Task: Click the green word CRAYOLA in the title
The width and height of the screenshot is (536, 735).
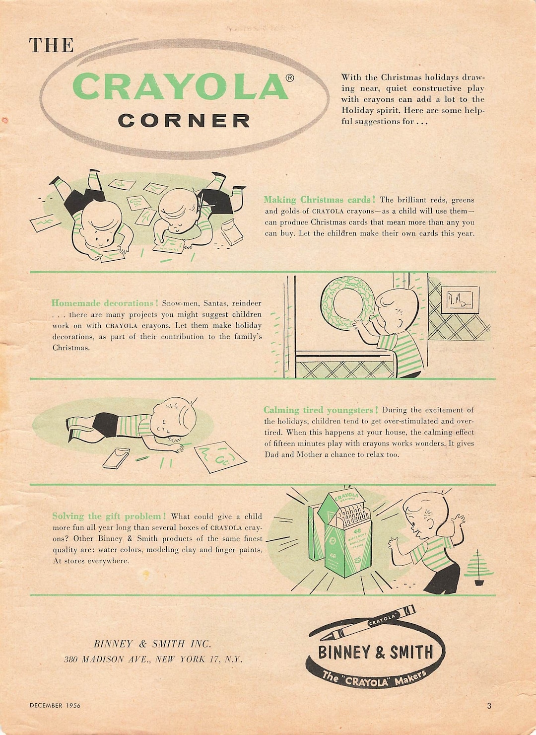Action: coord(181,86)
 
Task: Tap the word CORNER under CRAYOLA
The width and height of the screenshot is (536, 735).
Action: coord(184,121)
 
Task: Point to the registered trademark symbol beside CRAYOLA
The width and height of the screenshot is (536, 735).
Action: coord(290,77)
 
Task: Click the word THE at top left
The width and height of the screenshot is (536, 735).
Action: coord(51,46)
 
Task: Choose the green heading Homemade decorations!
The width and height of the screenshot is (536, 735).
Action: coord(105,303)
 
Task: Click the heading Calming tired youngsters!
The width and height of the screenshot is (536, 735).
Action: coord(321,410)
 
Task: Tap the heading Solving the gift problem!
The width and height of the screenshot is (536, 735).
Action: coord(109,516)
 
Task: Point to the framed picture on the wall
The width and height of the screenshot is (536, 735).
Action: coord(460,299)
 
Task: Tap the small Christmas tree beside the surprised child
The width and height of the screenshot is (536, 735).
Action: coord(478,568)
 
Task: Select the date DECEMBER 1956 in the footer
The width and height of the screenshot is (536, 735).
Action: coord(55,705)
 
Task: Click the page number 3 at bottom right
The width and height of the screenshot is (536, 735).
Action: coord(489,705)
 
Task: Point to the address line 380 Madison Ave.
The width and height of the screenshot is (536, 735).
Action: coord(153,660)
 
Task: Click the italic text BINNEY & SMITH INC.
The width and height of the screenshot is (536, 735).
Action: coord(152,644)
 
